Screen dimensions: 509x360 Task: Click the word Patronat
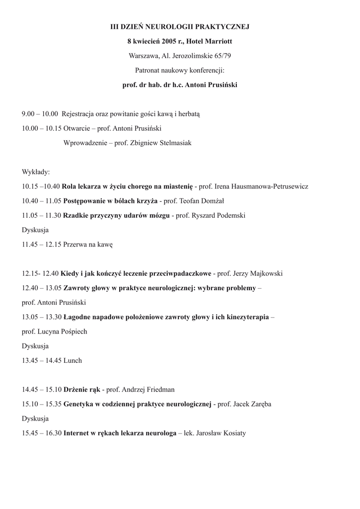click(x=147, y=70)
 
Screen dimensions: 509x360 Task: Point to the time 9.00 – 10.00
click(x=40, y=114)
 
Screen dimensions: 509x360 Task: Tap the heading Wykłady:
click(x=36, y=172)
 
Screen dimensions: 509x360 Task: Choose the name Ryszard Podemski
click(x=218, y=216)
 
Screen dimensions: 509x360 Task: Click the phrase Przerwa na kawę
click(x=88, y=245)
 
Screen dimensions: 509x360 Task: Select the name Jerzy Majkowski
click(x=258, y=273)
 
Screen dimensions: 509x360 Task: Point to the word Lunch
click(x=72, y=360)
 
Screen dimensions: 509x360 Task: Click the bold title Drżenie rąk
click(x=82, y=390)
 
